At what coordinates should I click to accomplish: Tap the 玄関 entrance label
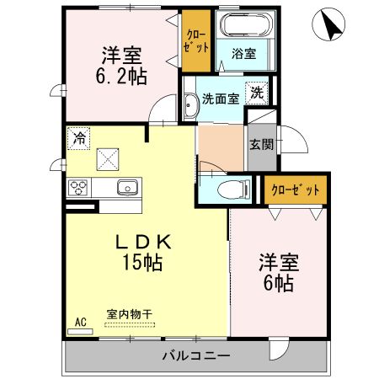(260, 144)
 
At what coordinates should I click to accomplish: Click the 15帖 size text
(144, 262)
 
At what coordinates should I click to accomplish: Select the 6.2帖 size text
(120, 77)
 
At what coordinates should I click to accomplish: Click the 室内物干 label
(130, 314)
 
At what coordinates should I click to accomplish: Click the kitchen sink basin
(128, 187)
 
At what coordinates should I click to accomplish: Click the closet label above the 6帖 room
(295, 190)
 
